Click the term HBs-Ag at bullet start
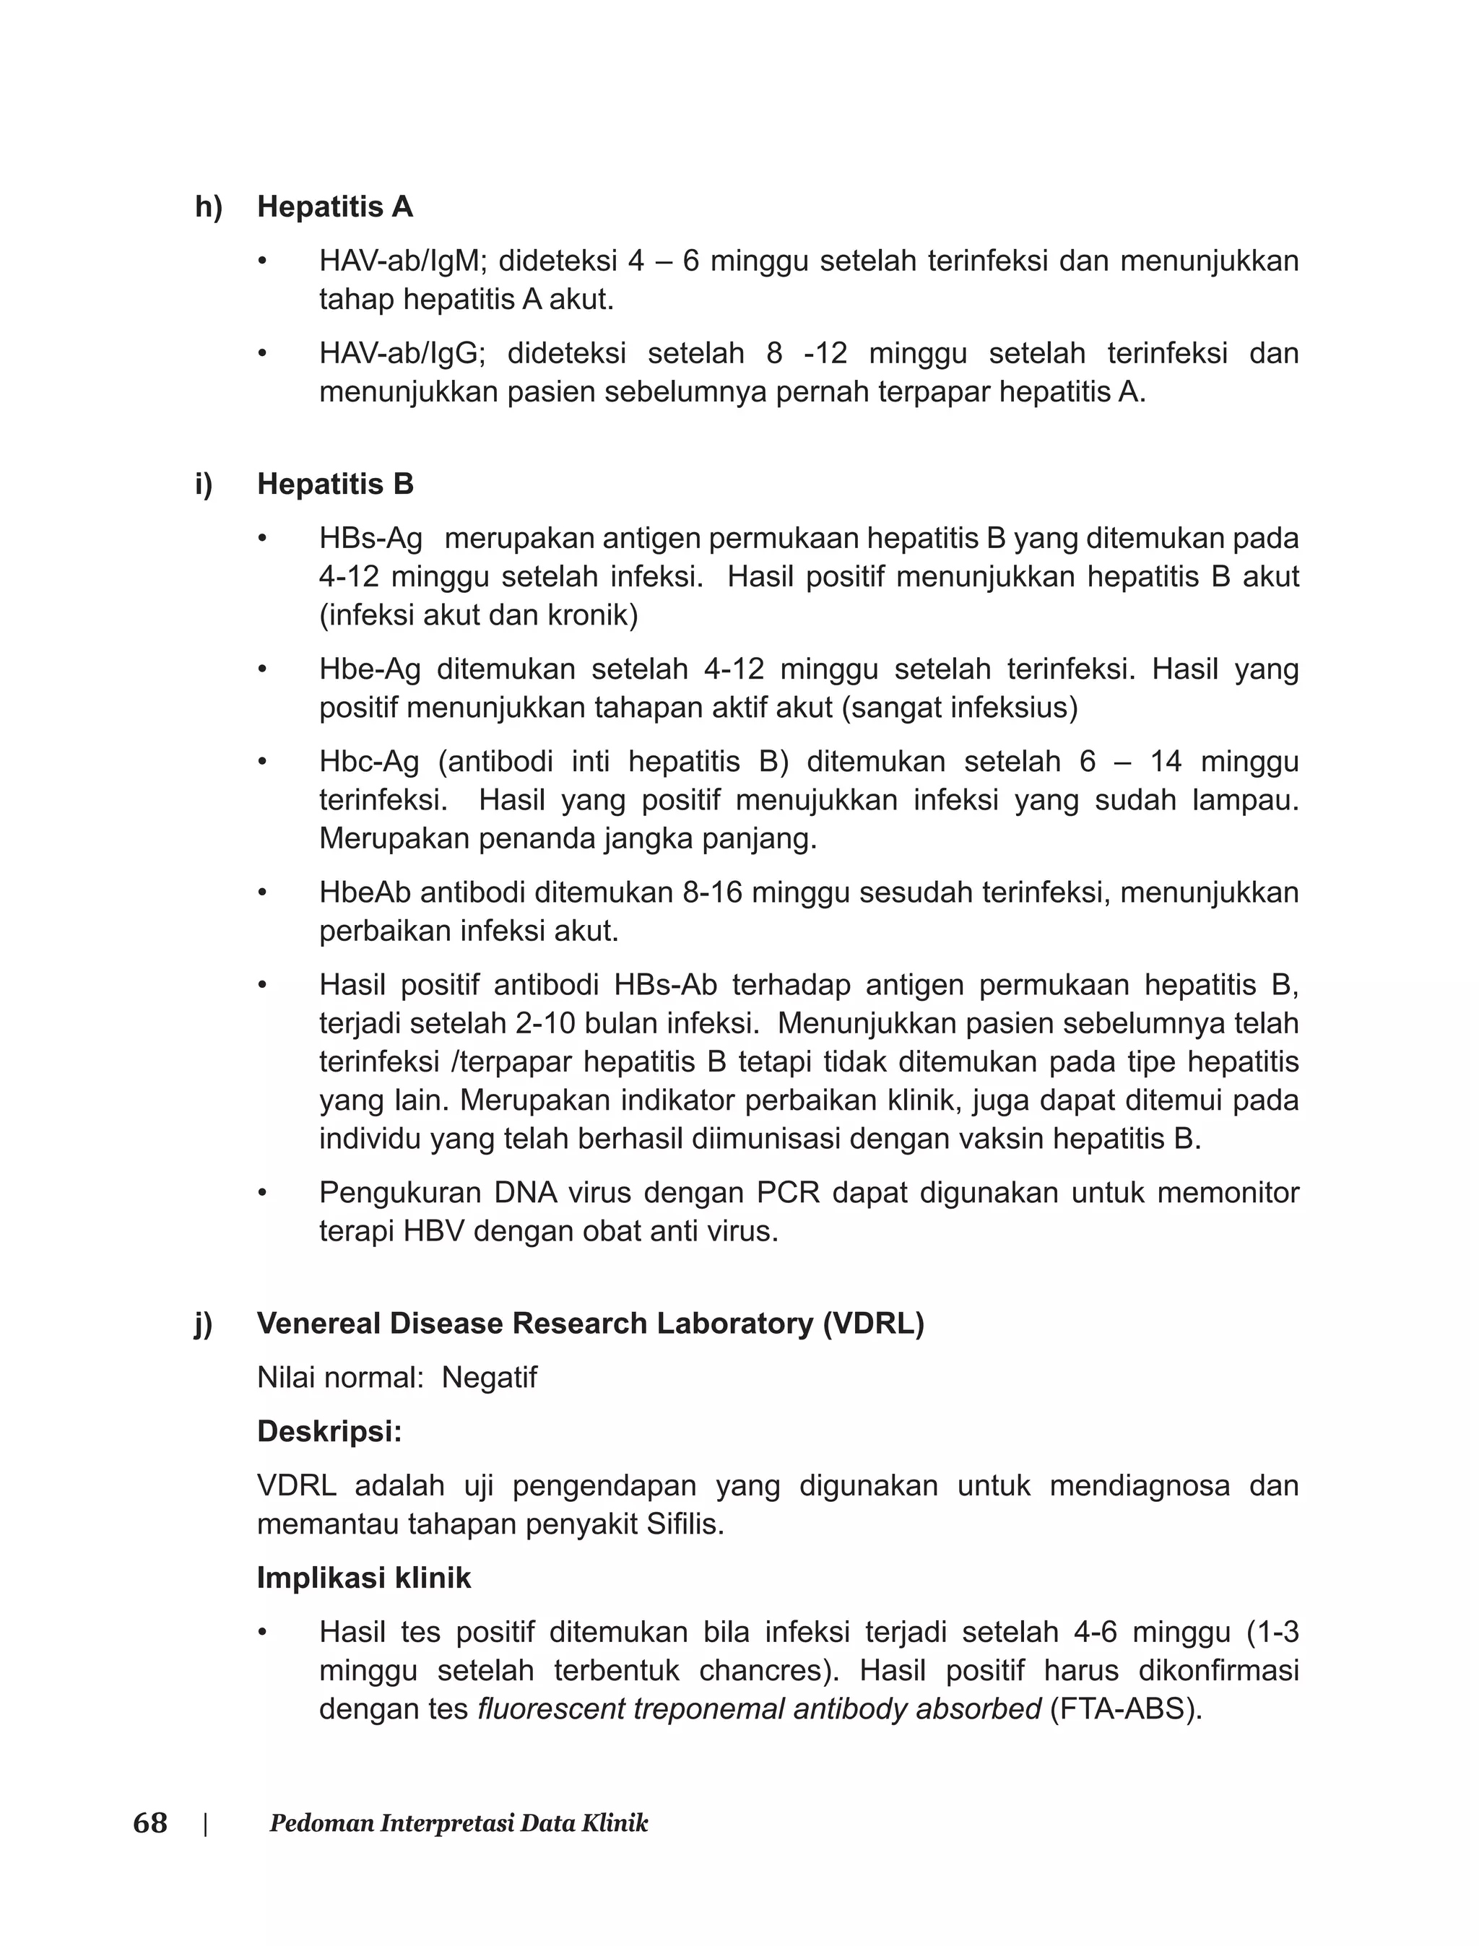pyautogui.click(x=370, y=539)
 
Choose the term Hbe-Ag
pyautogui.click(x=370, y=670)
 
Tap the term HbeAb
pyautogui.click(x=365, y=892)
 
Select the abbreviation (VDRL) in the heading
pyautogui.click(x=873, y=1324)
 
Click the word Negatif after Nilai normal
pyautogui.click(x=489, y=1378)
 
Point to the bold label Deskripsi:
pyautogui.click(x=329, y=1432)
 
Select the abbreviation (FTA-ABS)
pyautogui.click(x=1126, y=1709)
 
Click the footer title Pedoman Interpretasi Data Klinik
pyautogui.click(x=459, y=1824)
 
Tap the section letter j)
pyautogui.click(x=204, y=1324)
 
